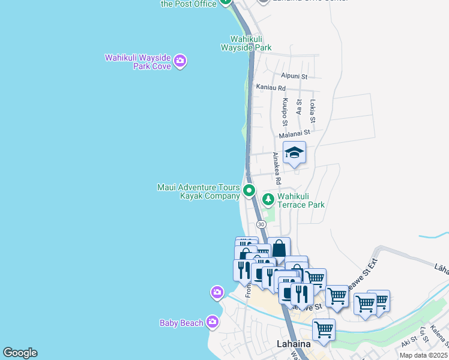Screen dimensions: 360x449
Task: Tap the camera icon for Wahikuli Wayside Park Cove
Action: [x=179, y=61]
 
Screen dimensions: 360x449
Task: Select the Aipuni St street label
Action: [x=294, y=77]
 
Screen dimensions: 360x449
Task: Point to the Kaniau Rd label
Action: [x=271, y=88]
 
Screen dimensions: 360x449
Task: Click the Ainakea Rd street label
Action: [x=277, y=168]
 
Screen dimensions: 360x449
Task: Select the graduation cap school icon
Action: [x=294, y=154]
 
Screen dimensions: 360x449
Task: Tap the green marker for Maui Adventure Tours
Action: [x=249, y=192]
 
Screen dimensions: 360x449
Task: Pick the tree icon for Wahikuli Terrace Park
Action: [x=268, y=199]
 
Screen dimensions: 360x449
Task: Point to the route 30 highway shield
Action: [x=261, y=224]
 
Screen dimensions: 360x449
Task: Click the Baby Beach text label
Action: [x=181, y=323]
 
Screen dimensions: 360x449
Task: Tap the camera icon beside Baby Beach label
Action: [x=212, y=323]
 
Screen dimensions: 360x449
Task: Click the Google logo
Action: [x=20, y=353]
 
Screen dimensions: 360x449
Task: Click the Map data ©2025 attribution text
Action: [x=424, y=355]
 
